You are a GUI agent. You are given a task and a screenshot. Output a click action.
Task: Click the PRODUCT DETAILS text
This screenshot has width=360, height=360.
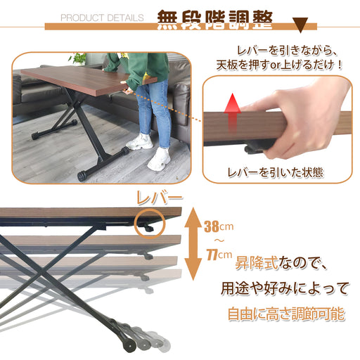click(x=102, y=18)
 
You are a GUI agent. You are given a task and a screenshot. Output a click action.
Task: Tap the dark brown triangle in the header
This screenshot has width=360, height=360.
click(x=301, y=25)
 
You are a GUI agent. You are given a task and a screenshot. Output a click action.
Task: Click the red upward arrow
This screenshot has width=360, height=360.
click(x=232, y=112)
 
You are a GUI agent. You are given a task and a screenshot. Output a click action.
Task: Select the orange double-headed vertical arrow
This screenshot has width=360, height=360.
click(x=193, y=244)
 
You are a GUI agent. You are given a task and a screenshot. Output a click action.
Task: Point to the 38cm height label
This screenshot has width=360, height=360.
click(x=219, y=226)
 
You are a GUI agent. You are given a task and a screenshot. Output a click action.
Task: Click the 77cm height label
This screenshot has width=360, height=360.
click(x=219, y=255)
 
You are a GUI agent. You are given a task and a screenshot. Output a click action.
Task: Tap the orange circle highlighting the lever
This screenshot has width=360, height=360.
click(x=150, y=224)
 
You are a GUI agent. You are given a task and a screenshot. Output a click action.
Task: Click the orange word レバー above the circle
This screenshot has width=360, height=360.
click(x=159, y=198)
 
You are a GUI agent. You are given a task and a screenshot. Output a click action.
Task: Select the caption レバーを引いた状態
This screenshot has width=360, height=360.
click(x=276, y=172)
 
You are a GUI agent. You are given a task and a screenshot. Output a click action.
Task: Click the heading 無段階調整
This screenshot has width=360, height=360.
click(x=214, y=20)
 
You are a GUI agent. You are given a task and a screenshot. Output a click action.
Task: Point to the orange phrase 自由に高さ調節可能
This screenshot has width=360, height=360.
click(x=286, y=314)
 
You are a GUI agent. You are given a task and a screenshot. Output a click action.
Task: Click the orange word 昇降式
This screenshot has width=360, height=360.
click(x=257, y=263)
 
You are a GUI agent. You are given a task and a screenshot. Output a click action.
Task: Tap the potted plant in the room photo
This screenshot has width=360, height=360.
click(x=78, y=59)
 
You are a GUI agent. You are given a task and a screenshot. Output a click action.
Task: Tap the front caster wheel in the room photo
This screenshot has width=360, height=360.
click(x=82, y=176)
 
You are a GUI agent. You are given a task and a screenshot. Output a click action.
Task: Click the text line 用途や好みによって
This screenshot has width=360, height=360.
click(x=285, y=288)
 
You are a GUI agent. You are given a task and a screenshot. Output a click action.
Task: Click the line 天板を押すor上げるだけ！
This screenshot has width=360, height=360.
click(x=279, y=65)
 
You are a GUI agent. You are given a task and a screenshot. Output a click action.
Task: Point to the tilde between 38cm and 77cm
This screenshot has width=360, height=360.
click(x=219, y=240)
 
